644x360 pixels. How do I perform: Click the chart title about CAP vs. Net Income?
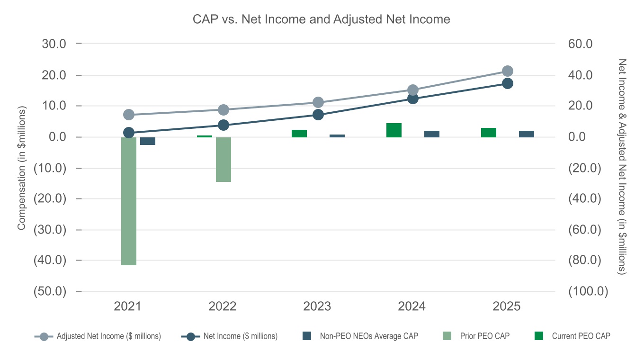[x=321, y=19]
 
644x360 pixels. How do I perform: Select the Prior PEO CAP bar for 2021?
[x=129, y=201]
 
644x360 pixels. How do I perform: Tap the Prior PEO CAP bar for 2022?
[x=224, y=159]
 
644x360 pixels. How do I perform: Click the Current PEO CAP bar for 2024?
[x=394, y=130]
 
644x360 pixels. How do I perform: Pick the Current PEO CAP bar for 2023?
[x=299, y=134]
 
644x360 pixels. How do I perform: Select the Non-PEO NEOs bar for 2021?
[x=148, y=141]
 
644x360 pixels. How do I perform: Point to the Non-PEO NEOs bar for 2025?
[x=527, y=134]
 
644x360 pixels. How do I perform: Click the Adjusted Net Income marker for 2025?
[x=508, y=71]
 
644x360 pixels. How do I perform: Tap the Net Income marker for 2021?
[x=129, y=133]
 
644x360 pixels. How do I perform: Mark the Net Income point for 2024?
[x=413, y=99]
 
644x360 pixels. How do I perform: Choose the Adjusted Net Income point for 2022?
[x=224, y=110]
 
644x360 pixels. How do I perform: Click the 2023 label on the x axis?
[x=317, y=306]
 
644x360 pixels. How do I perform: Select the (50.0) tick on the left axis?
[x=50, y=291]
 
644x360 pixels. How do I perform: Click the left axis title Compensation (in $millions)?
[x=21, y=168]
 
